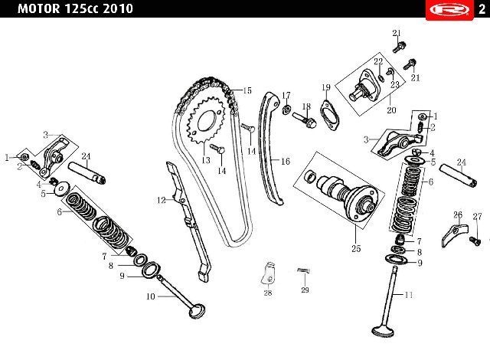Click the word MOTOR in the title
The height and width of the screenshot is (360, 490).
pyautogui.click(x=39, y=8)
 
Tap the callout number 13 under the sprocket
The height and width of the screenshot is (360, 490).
pyautogui.click(x=206, y=160)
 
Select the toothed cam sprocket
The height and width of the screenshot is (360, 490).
pyautogui.click(x=206, y=121)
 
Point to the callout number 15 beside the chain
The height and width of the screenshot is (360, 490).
pyautogui.click(x=247, y=90)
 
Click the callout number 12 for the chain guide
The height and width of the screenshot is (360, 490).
pyautogui.click(x=162, y=200)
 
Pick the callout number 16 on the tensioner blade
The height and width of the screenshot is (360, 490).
pyautogui.click(x=286, y=162)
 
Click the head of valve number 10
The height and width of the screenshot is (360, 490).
pyautogui.click(x=198, y=311)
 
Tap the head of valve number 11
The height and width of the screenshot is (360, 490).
pyautogui.click(x=383, y=331)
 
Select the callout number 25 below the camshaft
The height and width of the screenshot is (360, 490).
pyautogui.click(x=356, y=249)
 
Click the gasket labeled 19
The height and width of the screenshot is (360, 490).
pyautogui.click(x=329, y=116)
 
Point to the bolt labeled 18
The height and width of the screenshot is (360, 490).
pyautogui.click(x=305, y=119)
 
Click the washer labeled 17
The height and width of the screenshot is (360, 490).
pyautogui.click(x=286, y=110)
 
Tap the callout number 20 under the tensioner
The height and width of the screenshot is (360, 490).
pyautogui.click(x=391, y=110)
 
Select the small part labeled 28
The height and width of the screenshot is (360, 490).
pyautogui.click(x=268, y=273)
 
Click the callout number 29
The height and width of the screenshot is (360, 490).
pyautogui.click(x=305, y=290)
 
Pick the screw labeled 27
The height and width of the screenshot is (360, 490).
pyautogui.click(x=475, y=241)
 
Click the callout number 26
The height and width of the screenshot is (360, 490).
pyautogui.click(x=458, y=215)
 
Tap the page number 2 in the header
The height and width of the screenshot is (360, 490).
pyautogui.click(x=482, y=9)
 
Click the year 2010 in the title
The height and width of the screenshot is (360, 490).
pyautogui.click(x=117, y=8)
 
